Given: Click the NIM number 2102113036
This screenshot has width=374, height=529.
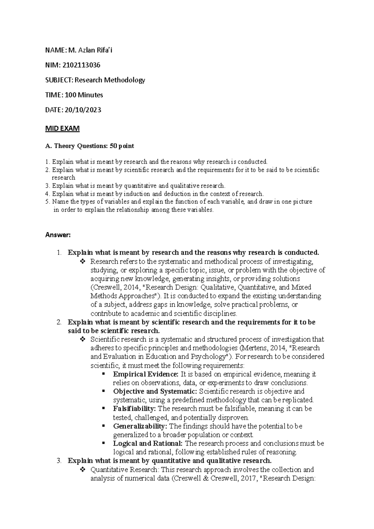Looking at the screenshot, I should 81,65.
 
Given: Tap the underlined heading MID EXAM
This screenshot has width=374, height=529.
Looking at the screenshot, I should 62,128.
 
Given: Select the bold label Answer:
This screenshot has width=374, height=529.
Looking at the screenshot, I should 58,235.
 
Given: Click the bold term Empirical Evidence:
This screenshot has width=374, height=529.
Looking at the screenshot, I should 146,374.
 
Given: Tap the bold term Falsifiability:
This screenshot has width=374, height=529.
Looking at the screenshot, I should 134,408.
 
